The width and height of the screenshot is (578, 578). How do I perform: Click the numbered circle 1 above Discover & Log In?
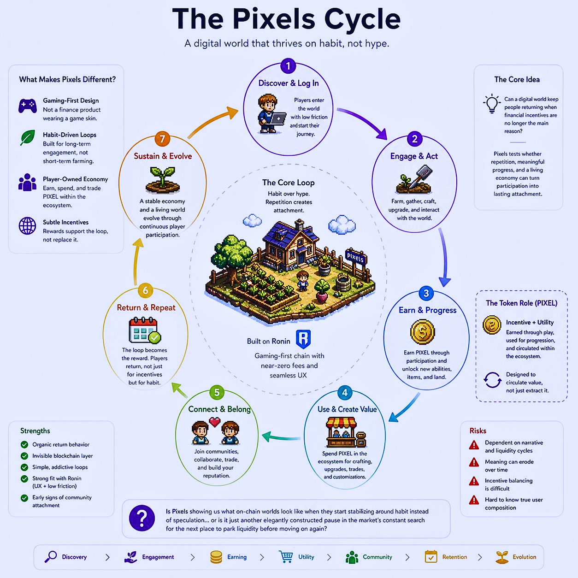click(288, 66)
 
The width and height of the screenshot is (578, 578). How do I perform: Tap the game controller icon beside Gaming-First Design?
click(28, 106)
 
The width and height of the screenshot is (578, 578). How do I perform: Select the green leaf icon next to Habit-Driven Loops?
click(28, 137)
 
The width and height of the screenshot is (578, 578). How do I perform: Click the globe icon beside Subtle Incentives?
click(27, 226)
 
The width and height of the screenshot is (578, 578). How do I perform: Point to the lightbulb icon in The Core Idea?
click(492, 103)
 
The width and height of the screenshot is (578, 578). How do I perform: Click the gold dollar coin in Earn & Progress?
click(422, 332)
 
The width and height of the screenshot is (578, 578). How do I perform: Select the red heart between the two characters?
click(215, 421)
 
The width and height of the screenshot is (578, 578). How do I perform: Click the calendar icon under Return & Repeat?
click(144, 330)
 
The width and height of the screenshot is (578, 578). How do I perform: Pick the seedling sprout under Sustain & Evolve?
click(163, 180)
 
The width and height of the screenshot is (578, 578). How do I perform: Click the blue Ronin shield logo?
click(303, 339)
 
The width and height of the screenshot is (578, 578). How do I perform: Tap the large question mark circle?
click(142, 518)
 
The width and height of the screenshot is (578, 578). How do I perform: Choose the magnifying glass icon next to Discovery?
click(50, 557)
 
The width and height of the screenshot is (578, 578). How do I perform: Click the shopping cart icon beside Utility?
click(286, 557)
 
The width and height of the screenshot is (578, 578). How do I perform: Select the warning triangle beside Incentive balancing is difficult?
click(474, 481)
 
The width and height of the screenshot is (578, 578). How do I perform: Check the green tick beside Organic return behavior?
click(24, 445)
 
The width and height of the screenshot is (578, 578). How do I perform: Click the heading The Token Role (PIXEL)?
click(521, 303)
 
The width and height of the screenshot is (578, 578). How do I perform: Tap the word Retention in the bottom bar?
click(454, 557)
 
